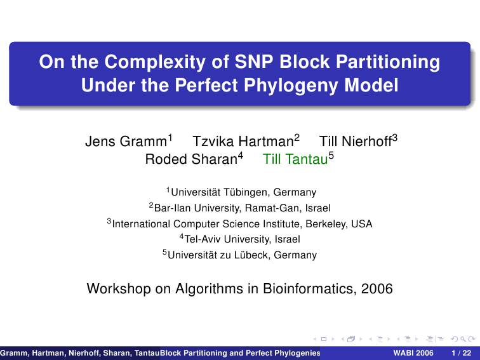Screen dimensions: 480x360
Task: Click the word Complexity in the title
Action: click(x=155, y=62)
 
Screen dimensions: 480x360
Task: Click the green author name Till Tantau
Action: click(x=295, y=159)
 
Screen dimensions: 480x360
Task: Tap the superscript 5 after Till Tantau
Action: click(x=331, y=156)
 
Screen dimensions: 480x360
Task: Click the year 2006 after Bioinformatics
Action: click(x=377, y=289)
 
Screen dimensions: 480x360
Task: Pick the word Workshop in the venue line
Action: click(x=119, y=289)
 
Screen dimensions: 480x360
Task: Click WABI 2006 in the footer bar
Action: click(x=413, y=353)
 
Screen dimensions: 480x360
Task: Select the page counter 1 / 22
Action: click(x=462, y=353)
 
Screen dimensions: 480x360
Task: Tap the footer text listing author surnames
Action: click(x=80, y=353)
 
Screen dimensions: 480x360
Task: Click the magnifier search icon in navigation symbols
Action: click(x=463, y=339)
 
